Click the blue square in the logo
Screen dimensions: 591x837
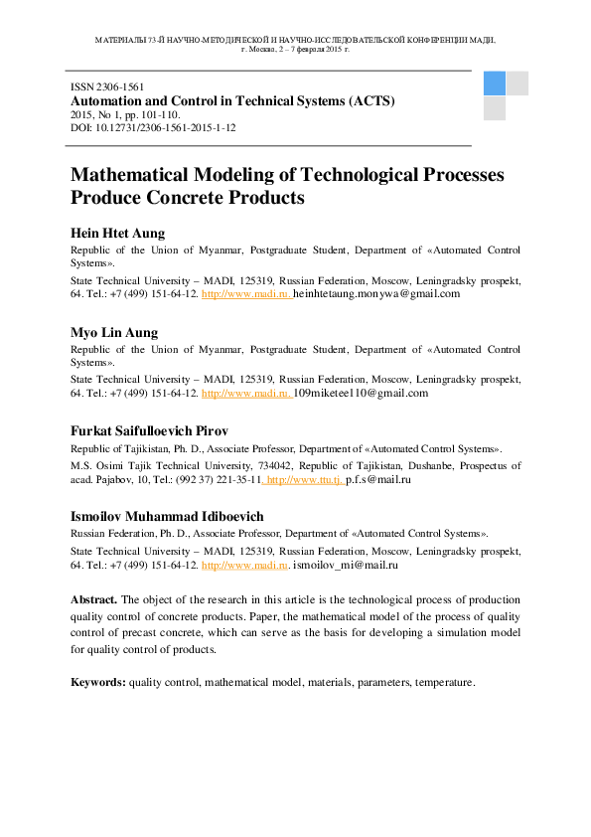point(495,83)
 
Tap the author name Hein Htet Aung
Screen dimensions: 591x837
point(117,233)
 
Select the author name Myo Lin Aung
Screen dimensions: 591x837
point(114,332)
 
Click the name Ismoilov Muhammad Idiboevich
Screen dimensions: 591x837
point(166,517)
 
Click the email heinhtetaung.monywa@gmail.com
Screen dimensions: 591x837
point(376,294)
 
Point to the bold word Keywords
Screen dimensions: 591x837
point(97,683)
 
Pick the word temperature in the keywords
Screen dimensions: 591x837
point(445,683)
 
